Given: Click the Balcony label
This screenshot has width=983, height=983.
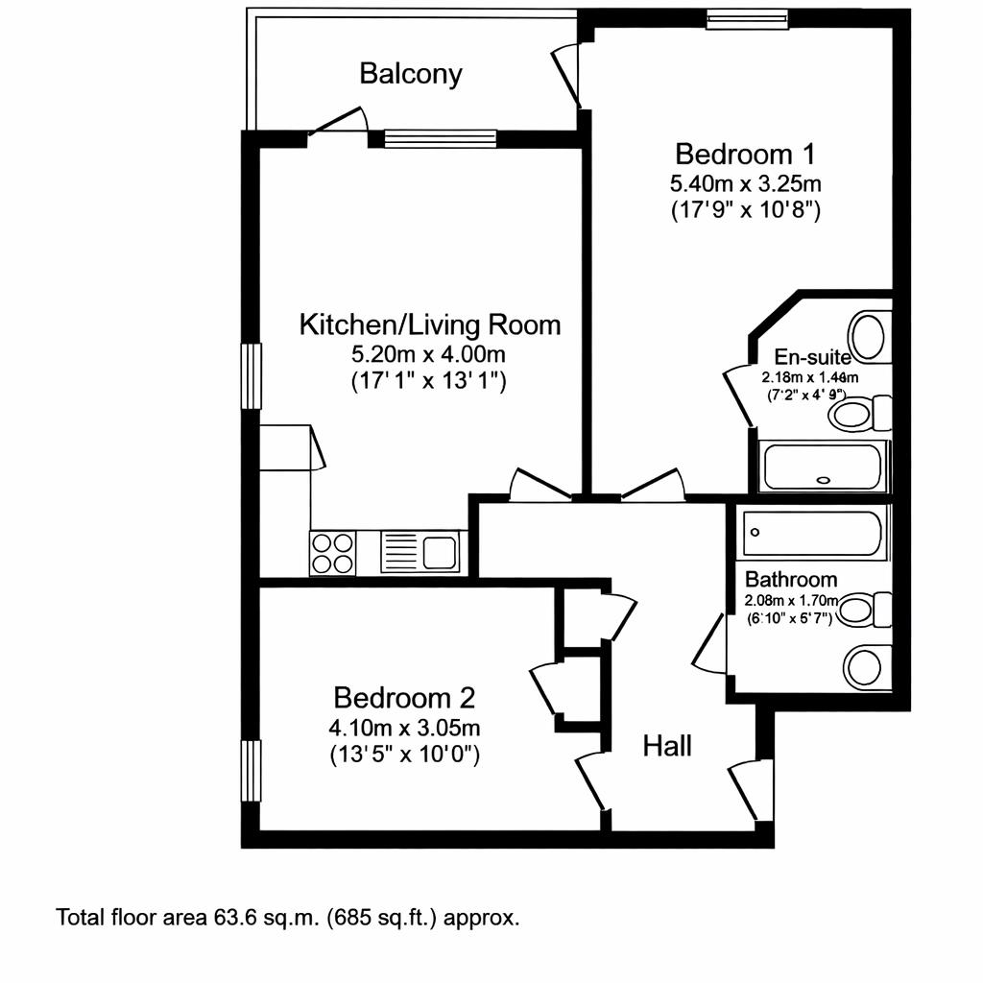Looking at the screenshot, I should [410, 74].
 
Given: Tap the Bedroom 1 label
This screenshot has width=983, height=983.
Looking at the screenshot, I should [745, 154].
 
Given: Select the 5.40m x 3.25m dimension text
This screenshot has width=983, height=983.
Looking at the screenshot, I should [745, 182].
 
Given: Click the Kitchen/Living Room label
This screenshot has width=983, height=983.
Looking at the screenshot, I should [430, 324].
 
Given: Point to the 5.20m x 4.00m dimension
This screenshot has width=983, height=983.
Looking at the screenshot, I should [429, 353].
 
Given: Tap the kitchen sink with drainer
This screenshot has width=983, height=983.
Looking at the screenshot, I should [421, 552].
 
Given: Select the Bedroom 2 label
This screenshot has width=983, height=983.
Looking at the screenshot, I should [404, 697].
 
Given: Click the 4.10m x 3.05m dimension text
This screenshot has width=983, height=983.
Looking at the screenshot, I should [404, 726].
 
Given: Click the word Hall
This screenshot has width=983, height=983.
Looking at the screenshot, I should [667, 746].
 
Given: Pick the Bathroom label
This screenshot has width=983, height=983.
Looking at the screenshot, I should [791, 580].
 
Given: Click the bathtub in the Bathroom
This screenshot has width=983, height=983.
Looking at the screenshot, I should [812, 533].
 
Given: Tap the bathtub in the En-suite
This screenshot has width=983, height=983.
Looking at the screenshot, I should [822, 467].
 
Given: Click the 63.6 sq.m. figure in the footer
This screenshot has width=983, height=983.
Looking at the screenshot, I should [264, 917].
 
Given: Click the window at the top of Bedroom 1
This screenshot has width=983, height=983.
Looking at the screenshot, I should [747, 18].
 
